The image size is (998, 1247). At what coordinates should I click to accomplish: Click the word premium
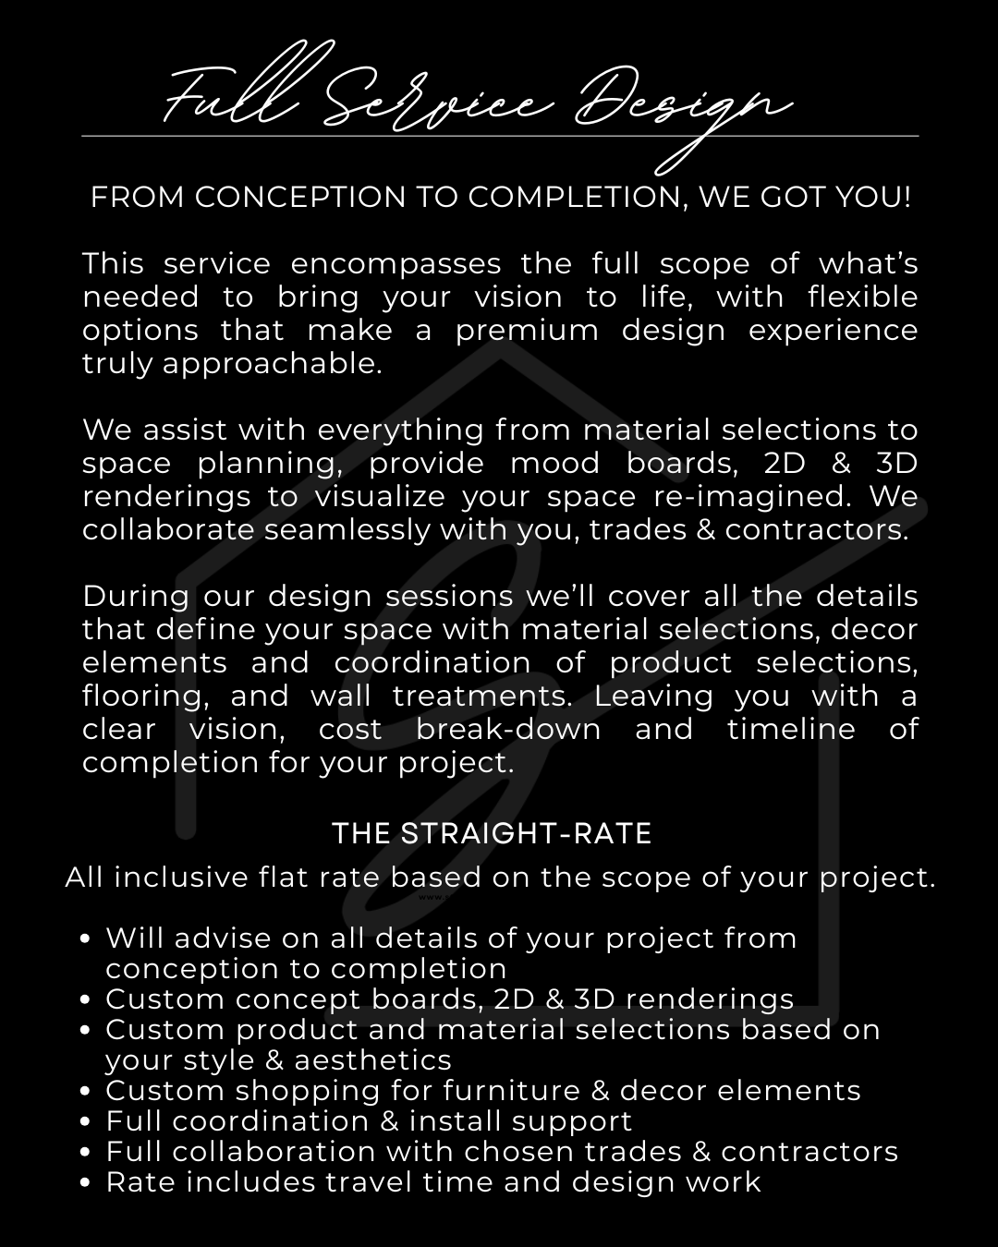tap(527, 331)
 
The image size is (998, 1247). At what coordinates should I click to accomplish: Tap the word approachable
tap(272, 364)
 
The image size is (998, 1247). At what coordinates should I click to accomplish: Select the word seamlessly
tap(348, 529)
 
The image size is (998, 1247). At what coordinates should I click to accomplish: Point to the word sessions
tap(449, 596)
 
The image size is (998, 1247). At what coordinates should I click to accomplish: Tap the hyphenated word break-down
tap(508, 729)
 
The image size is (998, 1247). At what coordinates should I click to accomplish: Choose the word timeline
tap(791, 729)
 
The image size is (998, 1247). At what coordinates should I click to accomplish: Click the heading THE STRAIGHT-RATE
tap(492, 834)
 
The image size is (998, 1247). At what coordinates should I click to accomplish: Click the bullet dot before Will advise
tap(86, 938)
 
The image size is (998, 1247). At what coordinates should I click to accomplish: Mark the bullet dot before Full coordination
tap(86, 1122)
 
